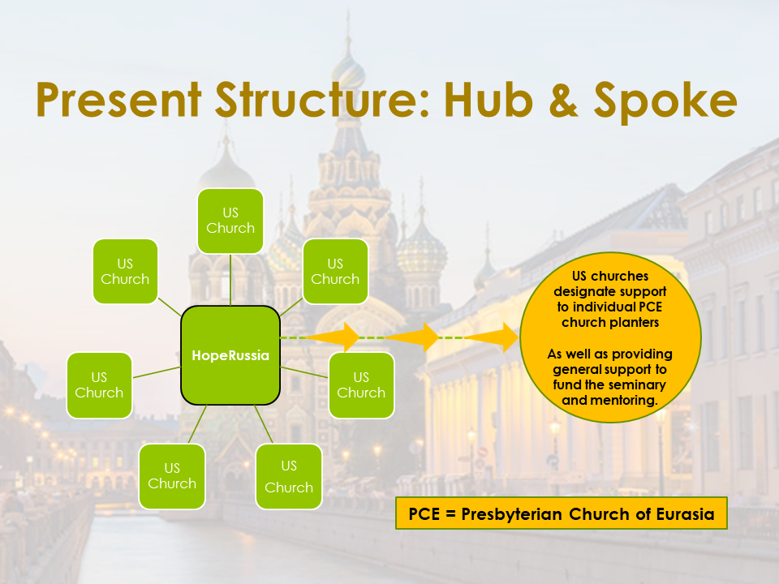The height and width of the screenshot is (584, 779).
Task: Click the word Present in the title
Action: (117, 101)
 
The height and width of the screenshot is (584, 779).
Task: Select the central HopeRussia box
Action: (230, 355)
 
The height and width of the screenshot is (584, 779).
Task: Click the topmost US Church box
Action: (230, 221)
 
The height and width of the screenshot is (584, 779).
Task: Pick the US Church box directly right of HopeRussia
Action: (361, 384)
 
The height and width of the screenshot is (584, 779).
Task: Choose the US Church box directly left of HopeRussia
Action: (99, 384)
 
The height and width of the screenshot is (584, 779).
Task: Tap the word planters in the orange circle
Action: (643, 320)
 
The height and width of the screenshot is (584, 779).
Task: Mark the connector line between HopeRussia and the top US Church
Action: (230, 279)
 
